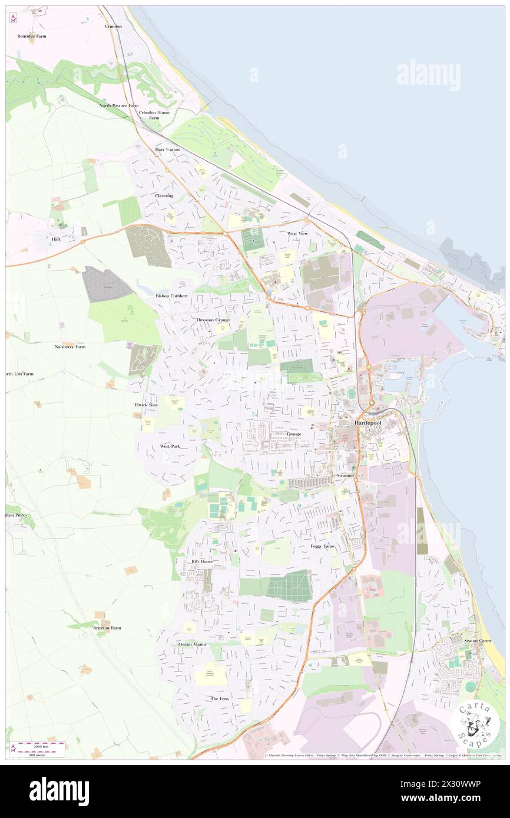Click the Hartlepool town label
370,423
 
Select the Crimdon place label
113,26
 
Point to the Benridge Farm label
32,36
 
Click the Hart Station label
167,149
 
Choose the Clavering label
164,195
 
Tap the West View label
297,234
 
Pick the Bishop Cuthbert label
172,295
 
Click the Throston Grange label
213,320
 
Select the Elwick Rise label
146,405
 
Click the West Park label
170,447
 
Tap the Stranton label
345,475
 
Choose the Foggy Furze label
322,546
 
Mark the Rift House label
202,561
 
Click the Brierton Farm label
107,628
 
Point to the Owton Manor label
193,644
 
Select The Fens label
220,699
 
